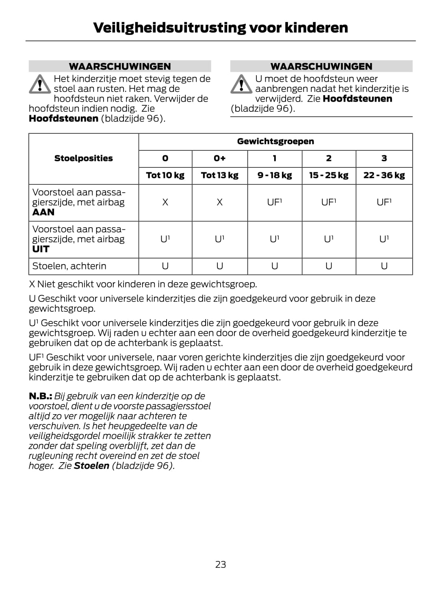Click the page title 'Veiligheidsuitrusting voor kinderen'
pos(220,28)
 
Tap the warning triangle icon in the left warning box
pos(39,84)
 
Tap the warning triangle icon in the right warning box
pos(241,84)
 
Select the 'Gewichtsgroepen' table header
pos(275,141)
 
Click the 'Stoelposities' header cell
pos(84,159)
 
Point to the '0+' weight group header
pos(219,159)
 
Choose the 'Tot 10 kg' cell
pos(165,176)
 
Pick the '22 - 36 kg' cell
pos(384,176)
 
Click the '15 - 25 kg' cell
pos(329,176)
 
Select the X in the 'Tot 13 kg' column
pos(219,202)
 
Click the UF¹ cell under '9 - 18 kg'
pos(275,202)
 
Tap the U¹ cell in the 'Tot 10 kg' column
pos(165,239)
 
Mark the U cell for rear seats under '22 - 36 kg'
pos(384,266)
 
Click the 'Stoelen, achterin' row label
pos(69,266)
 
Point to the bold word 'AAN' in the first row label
pos(43,212)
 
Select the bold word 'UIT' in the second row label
pos(41,249)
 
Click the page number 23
pos(220,564)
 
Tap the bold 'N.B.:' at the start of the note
pos(40,396)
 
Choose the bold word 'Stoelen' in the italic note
pos(91,466)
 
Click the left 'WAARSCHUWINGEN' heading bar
pos(120,66)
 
